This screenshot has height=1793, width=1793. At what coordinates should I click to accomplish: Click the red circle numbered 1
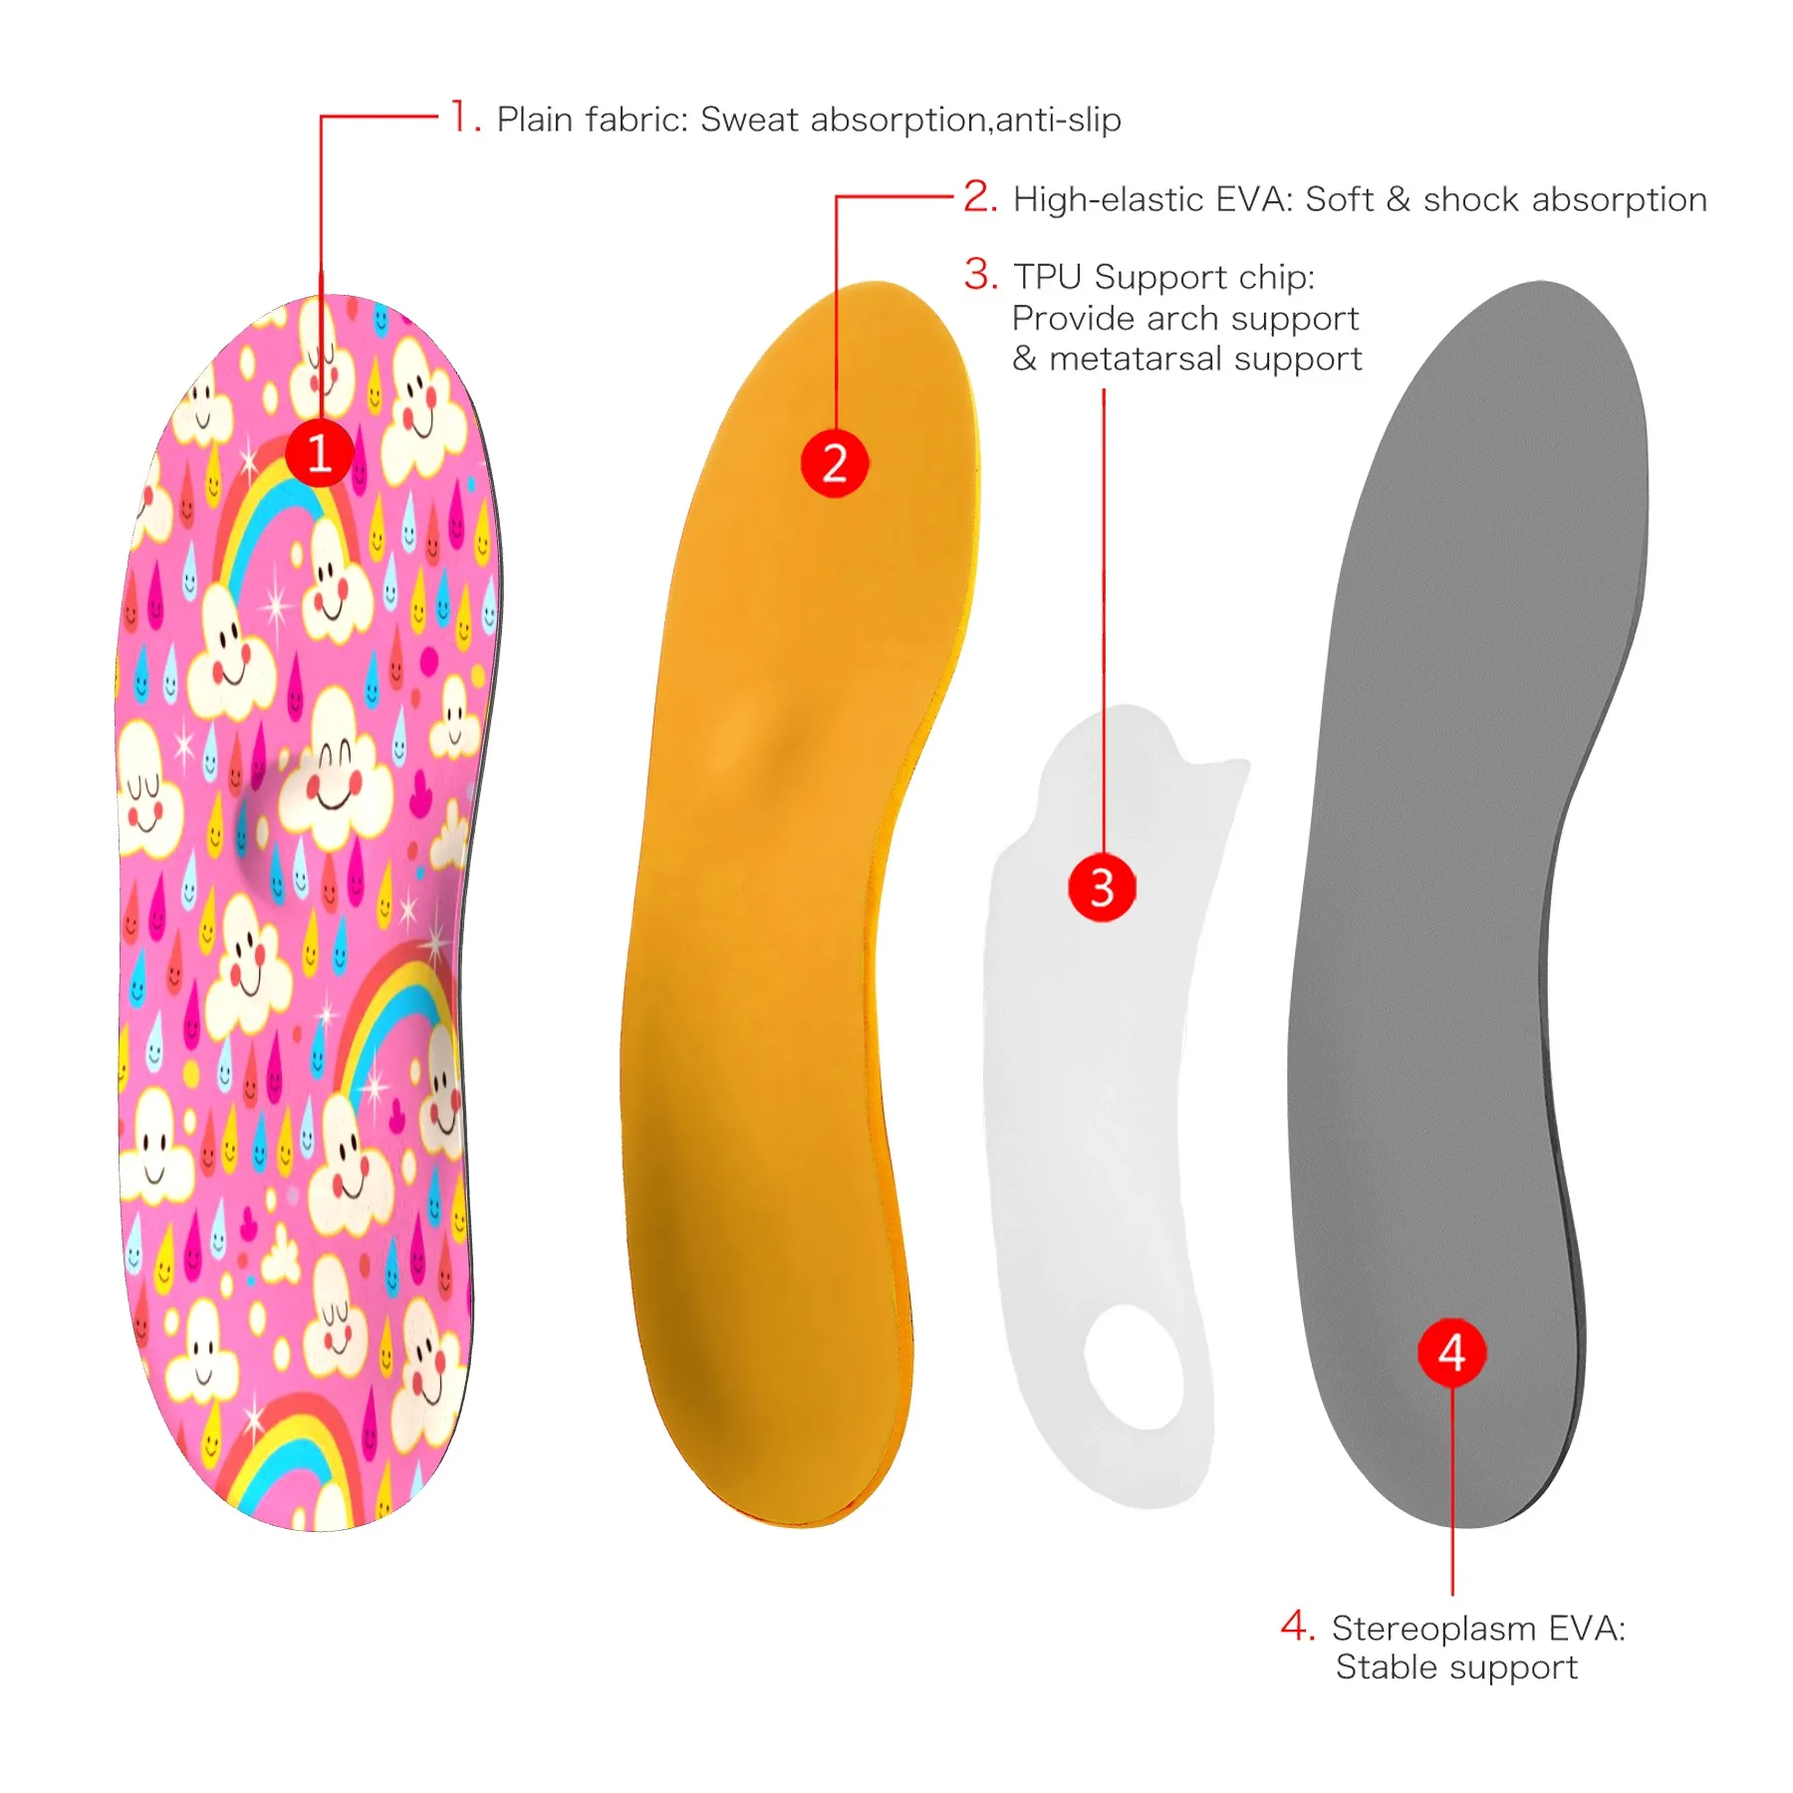(x=319, y=453)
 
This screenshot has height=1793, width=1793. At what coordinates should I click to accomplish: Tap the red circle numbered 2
(x=835, y=463)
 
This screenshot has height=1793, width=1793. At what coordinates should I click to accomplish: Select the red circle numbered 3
(x=1102, y=888)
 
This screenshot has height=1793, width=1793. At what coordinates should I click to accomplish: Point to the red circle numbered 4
(x=1451, y=1353)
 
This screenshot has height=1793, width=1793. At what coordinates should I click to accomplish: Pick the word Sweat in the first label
(x=749, y=120)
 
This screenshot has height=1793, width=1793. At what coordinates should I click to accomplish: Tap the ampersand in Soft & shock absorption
(x=1398, y=199)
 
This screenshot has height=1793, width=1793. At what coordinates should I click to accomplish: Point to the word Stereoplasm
(x=1434, y=1629)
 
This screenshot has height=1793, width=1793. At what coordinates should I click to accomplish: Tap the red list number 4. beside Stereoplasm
(x=1298, y=1626)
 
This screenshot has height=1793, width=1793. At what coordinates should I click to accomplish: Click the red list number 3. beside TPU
(x=981, y=274)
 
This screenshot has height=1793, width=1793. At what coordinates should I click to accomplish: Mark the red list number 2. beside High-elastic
(x=980, y=196)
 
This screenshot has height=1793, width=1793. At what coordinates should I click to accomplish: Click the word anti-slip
(x=1058, y=120)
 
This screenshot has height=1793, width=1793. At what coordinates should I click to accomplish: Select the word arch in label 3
(x=1182, y=318)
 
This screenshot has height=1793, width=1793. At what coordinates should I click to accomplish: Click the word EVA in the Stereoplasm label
(x=1588, y=1629)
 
